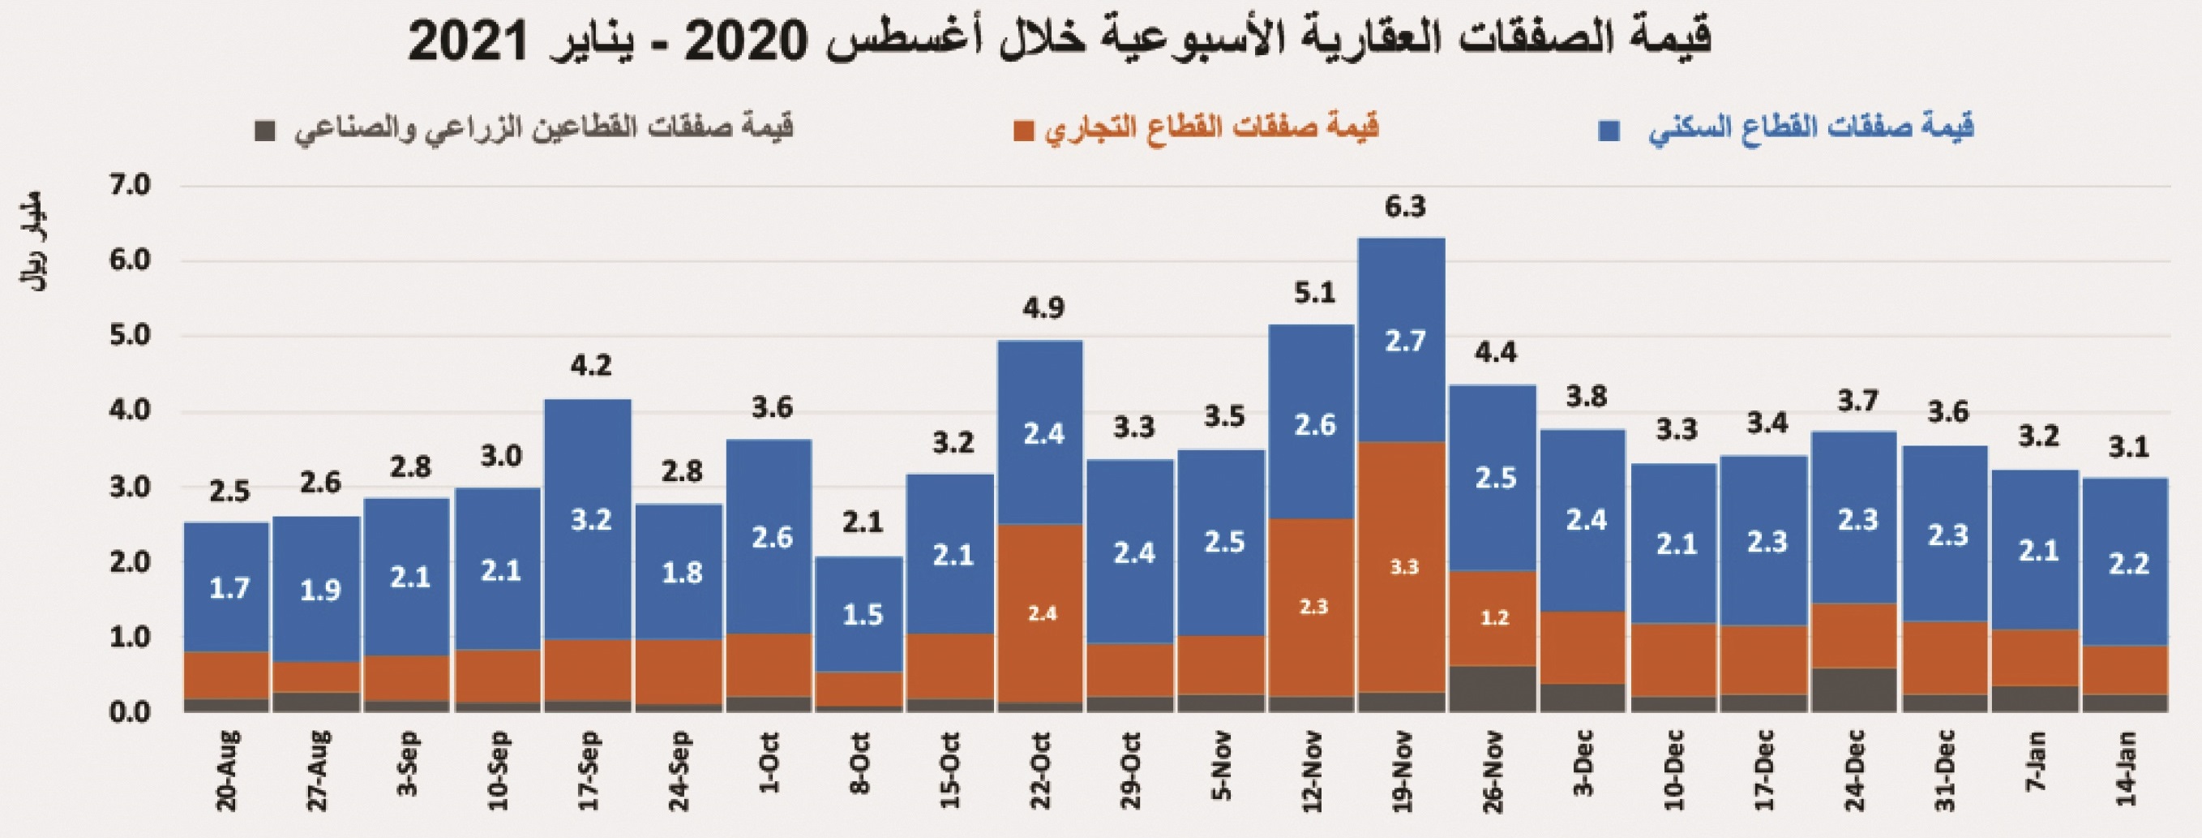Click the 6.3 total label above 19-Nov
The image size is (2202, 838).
(x=1404, y=207)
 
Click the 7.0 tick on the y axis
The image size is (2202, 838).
(x=130, y=186)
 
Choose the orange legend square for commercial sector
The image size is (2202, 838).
(x=1022, y=131)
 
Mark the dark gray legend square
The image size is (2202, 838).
(x=265, y=131)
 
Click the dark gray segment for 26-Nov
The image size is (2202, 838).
(x=1493, y=690)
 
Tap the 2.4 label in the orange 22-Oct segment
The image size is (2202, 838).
(x=1042, y=614)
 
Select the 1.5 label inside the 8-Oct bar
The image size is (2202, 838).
(x=863, y=615)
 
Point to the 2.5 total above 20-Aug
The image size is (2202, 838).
(x=229, y=492)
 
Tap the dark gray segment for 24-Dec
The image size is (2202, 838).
(x=1854, y=690)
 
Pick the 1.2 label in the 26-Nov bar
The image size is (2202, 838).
(x=1494, y=617)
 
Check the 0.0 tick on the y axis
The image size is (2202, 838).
(x=130, y=711)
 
